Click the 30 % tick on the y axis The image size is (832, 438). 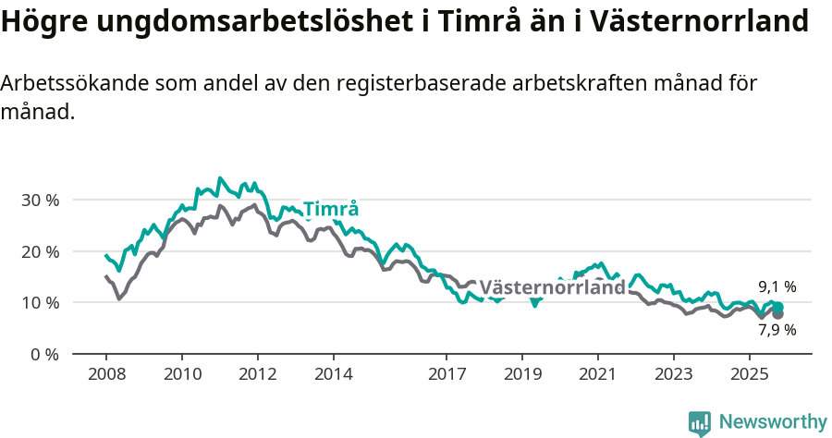(x=40, y=200)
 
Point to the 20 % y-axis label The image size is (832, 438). (x=40, y=251)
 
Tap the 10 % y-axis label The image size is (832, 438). (x=40, y=302)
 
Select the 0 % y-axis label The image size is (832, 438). (x=44, y=354)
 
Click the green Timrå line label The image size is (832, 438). (x=330, y=209)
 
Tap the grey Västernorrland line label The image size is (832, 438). (x=552, y=287)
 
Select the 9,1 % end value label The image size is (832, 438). (x=777, y=286)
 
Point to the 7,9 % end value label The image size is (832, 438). (x=777, y=329)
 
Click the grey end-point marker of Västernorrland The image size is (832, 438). (x=777, y=314)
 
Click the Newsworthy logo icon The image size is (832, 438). (x=700, y=423)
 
